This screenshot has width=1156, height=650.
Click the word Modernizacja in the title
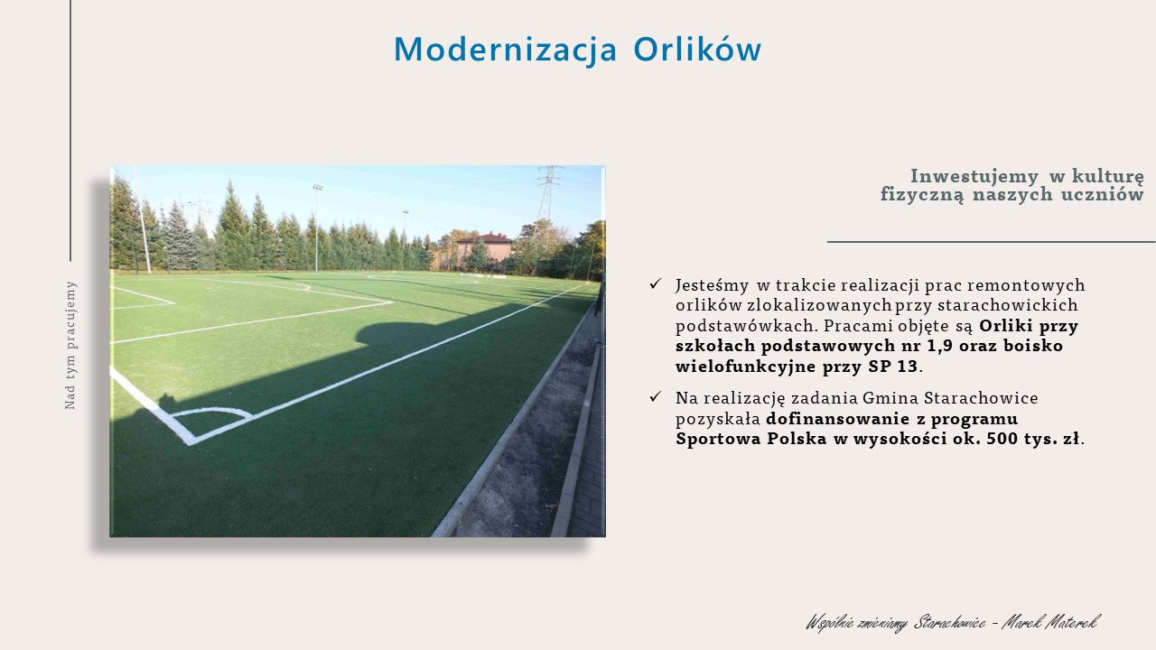coord(505,50)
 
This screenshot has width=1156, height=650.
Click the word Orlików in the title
coord(697,49)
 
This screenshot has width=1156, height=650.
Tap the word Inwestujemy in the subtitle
coord(974,176)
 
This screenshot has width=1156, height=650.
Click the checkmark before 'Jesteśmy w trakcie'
coord(656,283)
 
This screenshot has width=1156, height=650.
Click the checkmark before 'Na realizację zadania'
coord(656,396)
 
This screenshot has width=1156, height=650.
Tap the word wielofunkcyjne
coord(745,367)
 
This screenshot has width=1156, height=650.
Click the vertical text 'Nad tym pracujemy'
coord(70,346)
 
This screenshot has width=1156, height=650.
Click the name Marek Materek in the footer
coord(1050,622)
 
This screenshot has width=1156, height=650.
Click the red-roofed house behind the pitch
coord(484,248)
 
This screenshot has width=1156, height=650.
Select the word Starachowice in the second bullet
coord(981,398)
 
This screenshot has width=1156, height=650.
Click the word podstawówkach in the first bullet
coord(745,326)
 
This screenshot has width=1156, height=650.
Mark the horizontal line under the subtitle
coord(991,241)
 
